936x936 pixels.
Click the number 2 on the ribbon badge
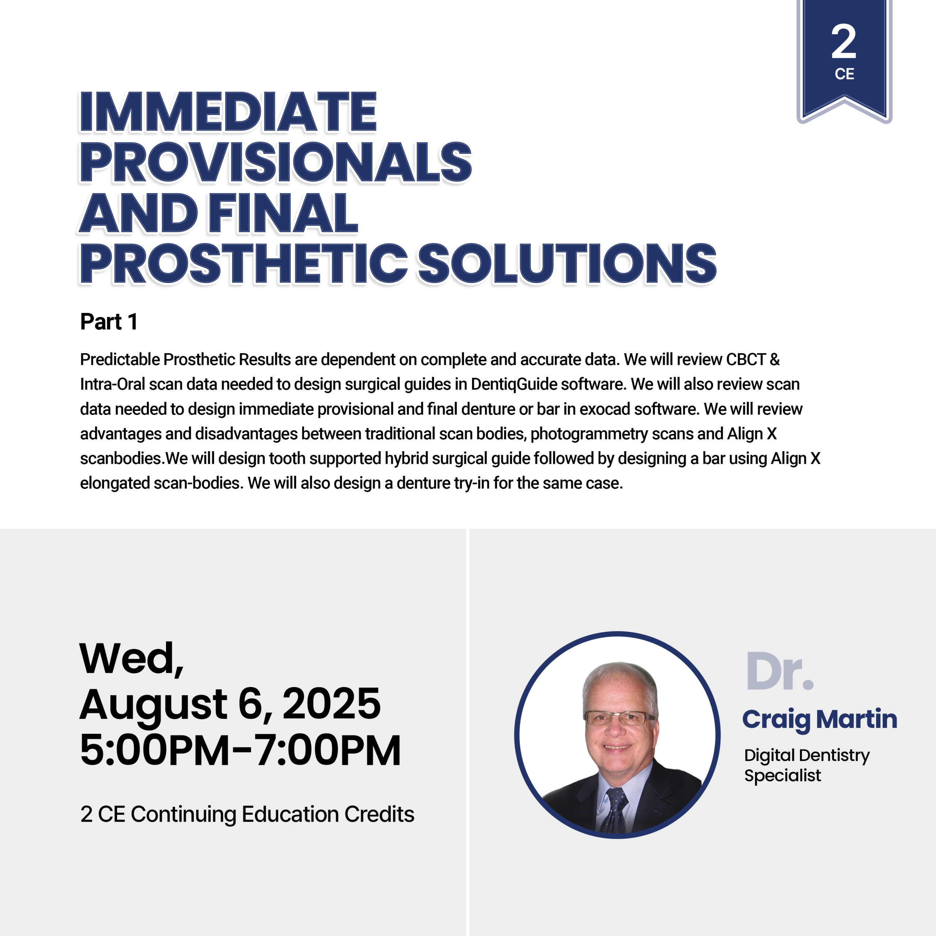[x=844, y=42]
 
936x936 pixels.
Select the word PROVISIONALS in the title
[x=275, y=162]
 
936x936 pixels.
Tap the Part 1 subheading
[x=109, y=322]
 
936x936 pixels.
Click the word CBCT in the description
[x=746, y=359]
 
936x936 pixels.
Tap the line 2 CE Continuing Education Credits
[x=247, y=814]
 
